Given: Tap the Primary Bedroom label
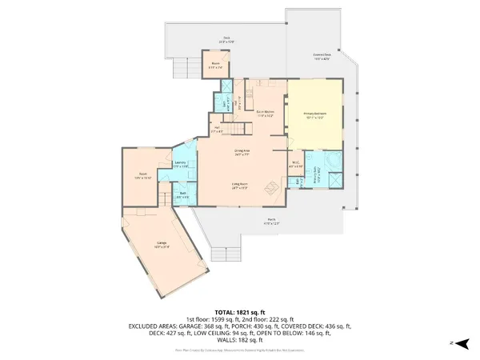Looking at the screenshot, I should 316,114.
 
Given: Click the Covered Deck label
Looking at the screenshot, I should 322,57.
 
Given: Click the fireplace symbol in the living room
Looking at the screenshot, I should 272,189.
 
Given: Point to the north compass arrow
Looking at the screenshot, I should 452,342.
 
